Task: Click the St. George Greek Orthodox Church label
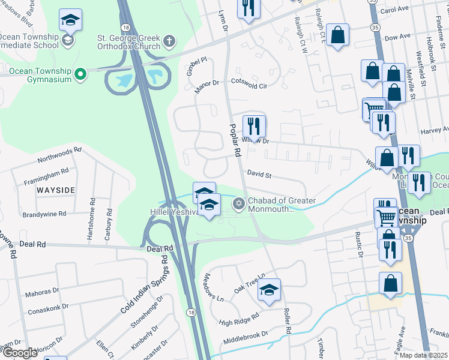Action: [129, 42]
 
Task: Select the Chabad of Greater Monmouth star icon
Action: [239, 205]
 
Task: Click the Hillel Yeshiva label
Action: [170, 212]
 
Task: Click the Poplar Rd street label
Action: [235, 142]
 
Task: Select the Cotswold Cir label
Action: [249, 85]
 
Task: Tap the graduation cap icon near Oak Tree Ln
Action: [270, 290]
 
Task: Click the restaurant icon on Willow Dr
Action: [254, 126]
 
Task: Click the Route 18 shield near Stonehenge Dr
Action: [191, 313]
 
